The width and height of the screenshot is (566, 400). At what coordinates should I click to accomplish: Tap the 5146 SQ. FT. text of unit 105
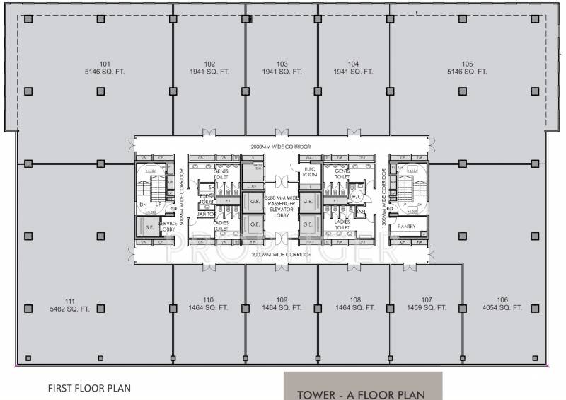pyautogui.click(x=467, y=72)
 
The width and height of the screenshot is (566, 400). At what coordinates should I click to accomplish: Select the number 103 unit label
pyautogui.click(x=282, y=63)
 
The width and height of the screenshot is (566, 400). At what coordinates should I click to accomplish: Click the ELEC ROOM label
pyautogui.click(x=308, y=173)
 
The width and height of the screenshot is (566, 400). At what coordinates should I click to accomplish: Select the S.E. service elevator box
pyautogui.click(x=149, y=227)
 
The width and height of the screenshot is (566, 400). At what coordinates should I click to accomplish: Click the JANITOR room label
pyautogui.click(x=206, y=213)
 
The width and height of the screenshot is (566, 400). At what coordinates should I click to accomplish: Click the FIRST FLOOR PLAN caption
pyautogui.click(x=88, y=388)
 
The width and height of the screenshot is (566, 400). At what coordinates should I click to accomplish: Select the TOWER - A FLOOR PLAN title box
pyautogui.click(x=362, y=392)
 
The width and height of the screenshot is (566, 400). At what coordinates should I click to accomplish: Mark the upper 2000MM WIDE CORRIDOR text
pyautogui.click(x=282, y=147)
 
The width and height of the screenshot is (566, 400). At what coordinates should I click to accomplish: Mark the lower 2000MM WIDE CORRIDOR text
pyautogui.click(x=282, y=253)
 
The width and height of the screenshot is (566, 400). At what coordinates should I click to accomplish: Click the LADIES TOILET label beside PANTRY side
pyautogui.click(x=342, y=224)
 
